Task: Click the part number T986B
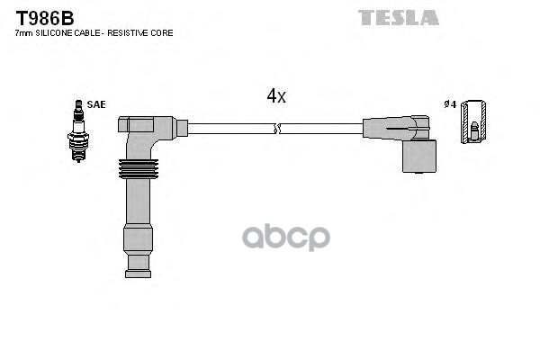tap(45, 18)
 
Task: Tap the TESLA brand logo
tap(399, 18)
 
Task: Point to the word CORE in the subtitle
tap(165, 33)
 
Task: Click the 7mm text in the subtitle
tap(24, 33)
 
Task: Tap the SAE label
tap(96, 104)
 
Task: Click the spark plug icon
tap(78, 130)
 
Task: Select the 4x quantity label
tap(276, 95)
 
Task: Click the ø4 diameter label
tap(450, 104)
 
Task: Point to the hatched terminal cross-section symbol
tap(473, 121)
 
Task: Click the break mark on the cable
tap(277, 129)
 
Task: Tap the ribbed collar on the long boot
tap(139, 169)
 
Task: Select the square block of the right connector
tap(419, 156)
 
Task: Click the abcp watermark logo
tap(286, 237)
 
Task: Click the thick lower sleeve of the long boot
tap(138, 239)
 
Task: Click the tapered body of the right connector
tap(389, 129)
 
